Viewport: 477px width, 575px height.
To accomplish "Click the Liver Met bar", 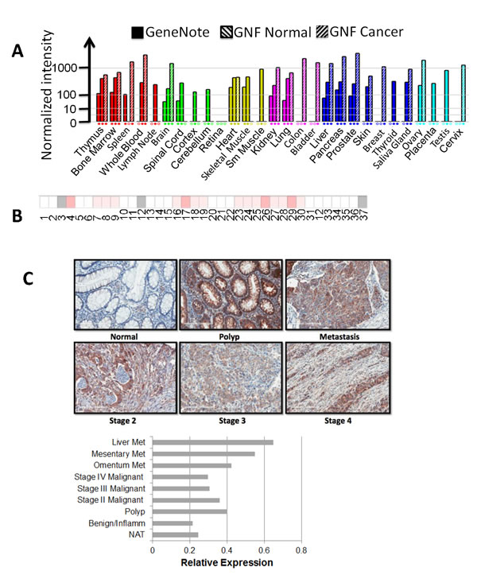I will [x=212, y=442].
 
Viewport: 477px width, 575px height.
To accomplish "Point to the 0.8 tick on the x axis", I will [x=301, y=548].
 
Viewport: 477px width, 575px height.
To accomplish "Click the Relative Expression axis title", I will [x=227, y=563].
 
